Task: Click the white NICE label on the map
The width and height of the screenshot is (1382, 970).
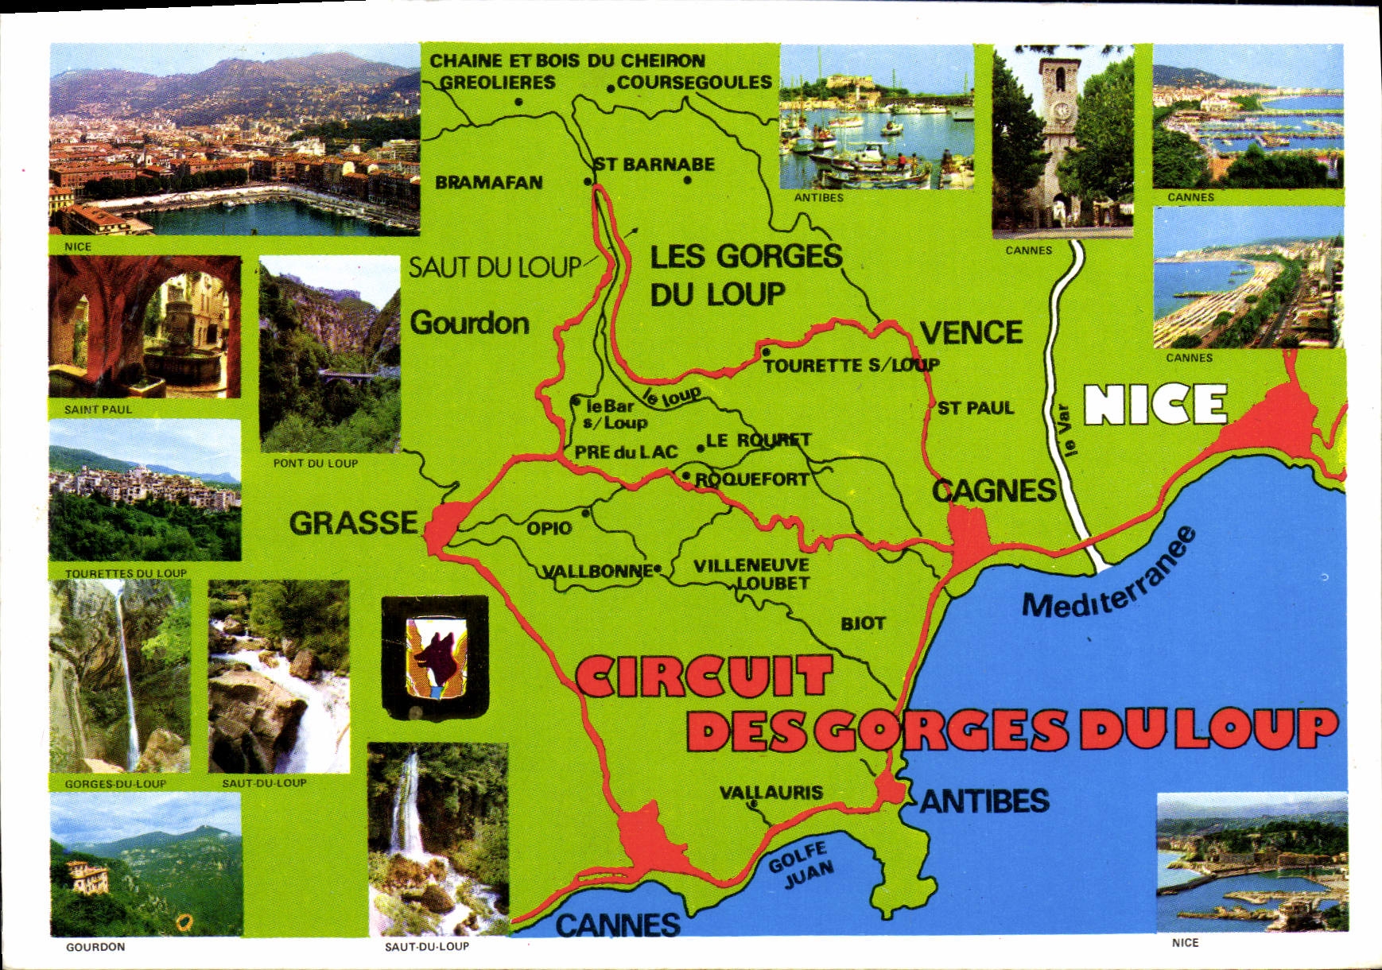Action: coord(1155,405)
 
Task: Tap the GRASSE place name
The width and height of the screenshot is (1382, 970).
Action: coord(353,523)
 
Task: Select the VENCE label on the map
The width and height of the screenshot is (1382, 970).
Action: coord(971,332)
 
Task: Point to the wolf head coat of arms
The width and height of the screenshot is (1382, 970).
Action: coord(434,657)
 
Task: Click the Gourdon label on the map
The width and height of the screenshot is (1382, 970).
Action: coord(469,324)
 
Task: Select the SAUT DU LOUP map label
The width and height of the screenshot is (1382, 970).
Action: coord(495,268)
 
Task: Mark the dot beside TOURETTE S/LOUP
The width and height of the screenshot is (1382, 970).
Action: coord(765,352)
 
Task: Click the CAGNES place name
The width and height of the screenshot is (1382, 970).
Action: coord(993,491)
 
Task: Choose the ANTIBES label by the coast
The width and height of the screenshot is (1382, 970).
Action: coord(984,801)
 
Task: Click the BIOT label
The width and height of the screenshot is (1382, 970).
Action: coord(863,623)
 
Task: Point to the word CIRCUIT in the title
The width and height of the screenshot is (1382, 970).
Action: coord(703,677)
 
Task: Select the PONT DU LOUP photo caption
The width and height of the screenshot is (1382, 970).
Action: coord(316,464)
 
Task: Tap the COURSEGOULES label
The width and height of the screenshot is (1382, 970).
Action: coord(694,83)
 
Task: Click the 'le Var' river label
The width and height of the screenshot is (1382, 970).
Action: coord(1066,431)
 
